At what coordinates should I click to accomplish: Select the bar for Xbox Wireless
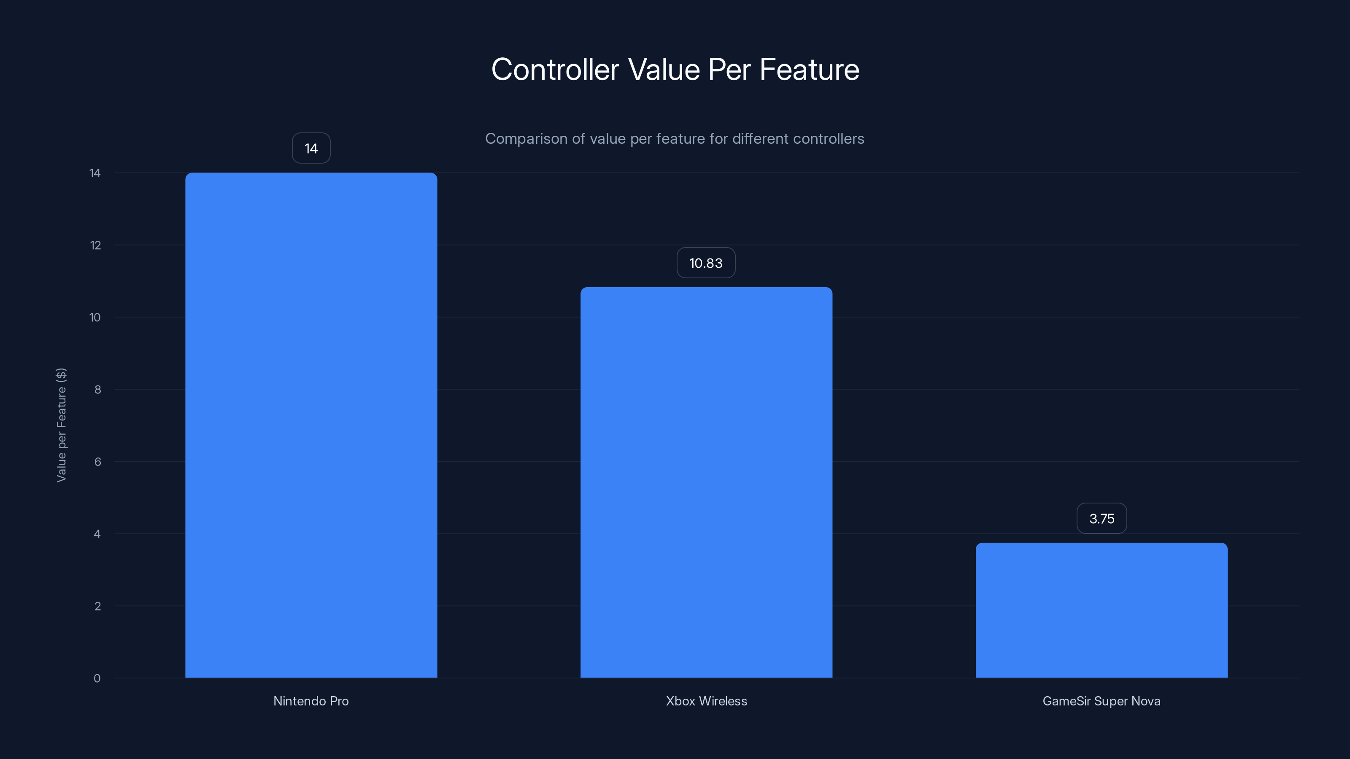(x=706, y=482)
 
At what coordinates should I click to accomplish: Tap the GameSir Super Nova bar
(x=1101, y=610)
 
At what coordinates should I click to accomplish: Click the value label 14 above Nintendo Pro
(x=311, y=148)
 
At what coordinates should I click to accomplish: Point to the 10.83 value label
(x=705, y=263)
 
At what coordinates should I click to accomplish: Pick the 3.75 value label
(x=1102, y=519)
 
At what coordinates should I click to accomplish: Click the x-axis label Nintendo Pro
(x=311, y=701)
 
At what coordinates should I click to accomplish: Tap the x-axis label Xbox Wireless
(x=706, y=701)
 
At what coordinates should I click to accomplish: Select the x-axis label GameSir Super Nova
(x=1101, y=701)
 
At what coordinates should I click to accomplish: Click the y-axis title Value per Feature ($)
(x=61, y=425)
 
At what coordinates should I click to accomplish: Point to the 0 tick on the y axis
(x=97, y=678)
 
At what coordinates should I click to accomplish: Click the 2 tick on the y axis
(x=97, y=606)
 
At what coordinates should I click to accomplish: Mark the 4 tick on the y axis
(x=97, y=534)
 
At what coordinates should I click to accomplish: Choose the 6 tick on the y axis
(x=97, y=461)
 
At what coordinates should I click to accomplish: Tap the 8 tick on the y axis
(x=97, y=389)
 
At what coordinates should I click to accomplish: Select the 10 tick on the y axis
(x=95, y=317)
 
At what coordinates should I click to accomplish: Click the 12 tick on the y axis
(x=95, y=245)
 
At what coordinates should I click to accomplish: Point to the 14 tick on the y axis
(x=95, y=173)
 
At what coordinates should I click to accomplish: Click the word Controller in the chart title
(x=555, y=69)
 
